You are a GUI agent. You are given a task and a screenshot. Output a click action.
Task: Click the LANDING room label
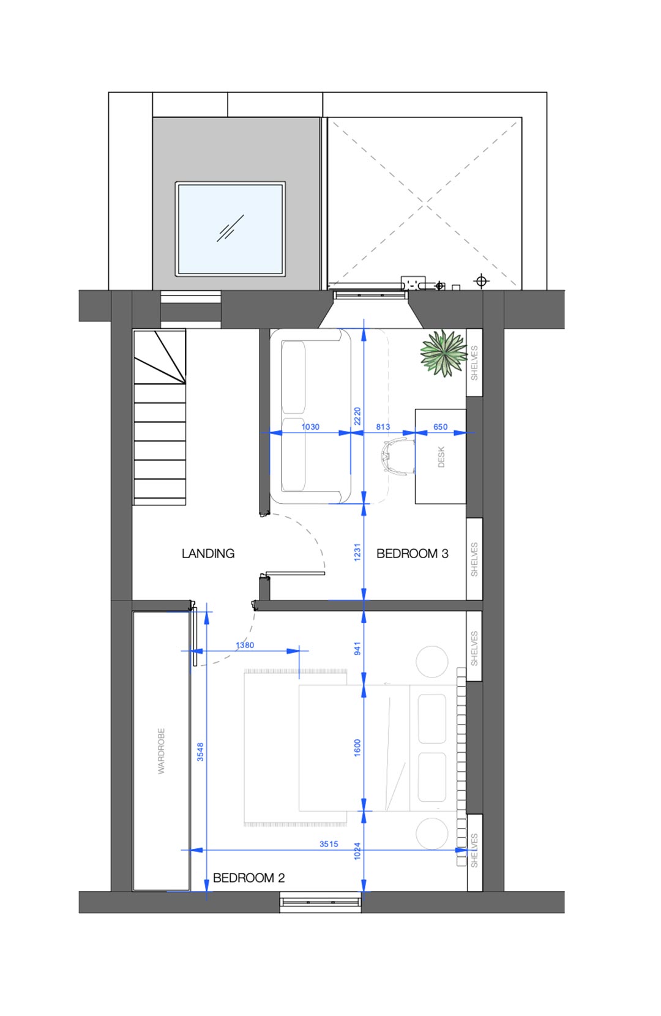point(207,553)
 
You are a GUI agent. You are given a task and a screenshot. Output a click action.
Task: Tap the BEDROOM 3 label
point(412,553)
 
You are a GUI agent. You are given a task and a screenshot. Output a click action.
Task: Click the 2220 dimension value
point(357,416)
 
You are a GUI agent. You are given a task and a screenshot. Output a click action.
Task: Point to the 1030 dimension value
point(310,427)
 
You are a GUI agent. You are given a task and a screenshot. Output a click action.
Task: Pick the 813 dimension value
point(383,427)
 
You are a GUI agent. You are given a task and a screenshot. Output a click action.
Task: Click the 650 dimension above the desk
point(440,427)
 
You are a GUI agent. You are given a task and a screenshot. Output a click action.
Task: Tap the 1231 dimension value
point(357,552)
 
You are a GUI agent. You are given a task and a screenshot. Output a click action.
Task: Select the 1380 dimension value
point(245,645)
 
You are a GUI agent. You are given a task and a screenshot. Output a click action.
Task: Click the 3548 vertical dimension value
point(200,752)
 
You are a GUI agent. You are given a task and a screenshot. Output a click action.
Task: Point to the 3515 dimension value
point(329,844)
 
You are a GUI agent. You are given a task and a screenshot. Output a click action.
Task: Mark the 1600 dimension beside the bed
point(357,748)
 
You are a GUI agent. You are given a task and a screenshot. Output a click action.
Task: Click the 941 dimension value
point(357,649)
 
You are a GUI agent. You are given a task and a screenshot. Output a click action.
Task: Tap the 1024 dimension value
point(357,851)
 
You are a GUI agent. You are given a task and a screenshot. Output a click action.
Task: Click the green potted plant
point(443,353)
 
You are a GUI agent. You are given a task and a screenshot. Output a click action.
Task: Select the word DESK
point(441,457)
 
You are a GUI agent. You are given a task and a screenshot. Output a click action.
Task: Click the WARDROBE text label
point(161,750)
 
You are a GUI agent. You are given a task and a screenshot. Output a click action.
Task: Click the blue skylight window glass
point(230,229)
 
